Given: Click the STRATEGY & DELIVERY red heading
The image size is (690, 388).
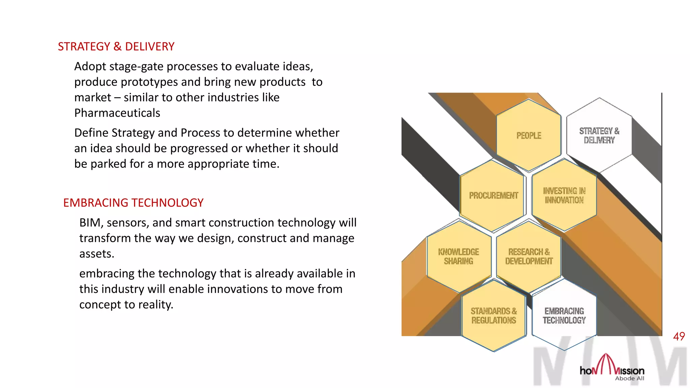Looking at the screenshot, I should pos(116,46).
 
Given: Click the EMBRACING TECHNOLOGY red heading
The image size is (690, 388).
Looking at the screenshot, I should pos(133,203).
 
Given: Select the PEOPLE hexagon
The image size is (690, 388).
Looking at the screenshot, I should pos(529,135).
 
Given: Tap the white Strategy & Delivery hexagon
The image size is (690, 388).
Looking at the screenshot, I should pos(599,135).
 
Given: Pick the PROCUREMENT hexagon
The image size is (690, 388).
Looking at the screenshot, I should pos(493,195).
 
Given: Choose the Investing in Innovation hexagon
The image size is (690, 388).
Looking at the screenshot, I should pos(564,195).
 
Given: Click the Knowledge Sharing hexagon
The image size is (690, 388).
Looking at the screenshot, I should pos(458,256).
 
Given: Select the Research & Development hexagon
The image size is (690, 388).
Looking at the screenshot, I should pos(529,256).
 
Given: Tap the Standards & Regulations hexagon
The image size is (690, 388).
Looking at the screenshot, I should pos(493,316).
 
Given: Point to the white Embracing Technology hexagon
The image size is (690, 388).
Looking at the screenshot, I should pos(564,316).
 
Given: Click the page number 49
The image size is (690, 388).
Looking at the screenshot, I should pos(679,336).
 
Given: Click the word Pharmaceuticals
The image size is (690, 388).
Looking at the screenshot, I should pos(117,113).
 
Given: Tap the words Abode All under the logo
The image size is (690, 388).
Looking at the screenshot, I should pos(629,379).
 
